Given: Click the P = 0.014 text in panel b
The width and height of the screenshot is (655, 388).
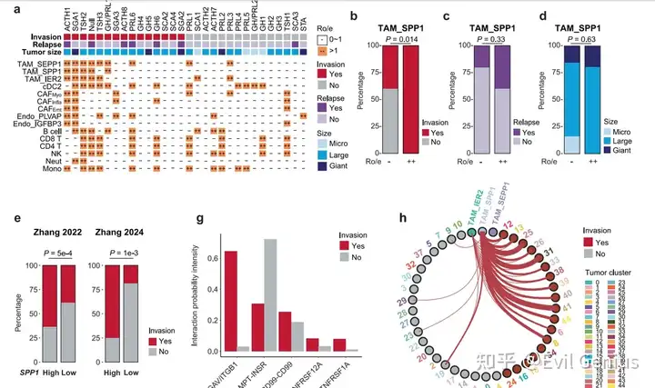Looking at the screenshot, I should [x=390, y=39].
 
